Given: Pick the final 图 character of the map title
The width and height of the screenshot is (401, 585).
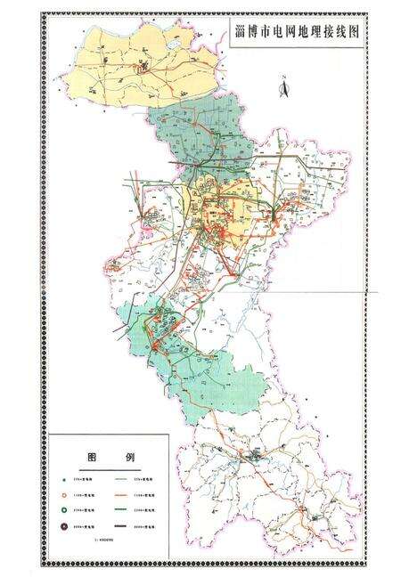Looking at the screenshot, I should click(x=358, y=29).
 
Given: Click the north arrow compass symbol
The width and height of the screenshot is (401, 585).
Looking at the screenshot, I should click(x=282, y=86).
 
